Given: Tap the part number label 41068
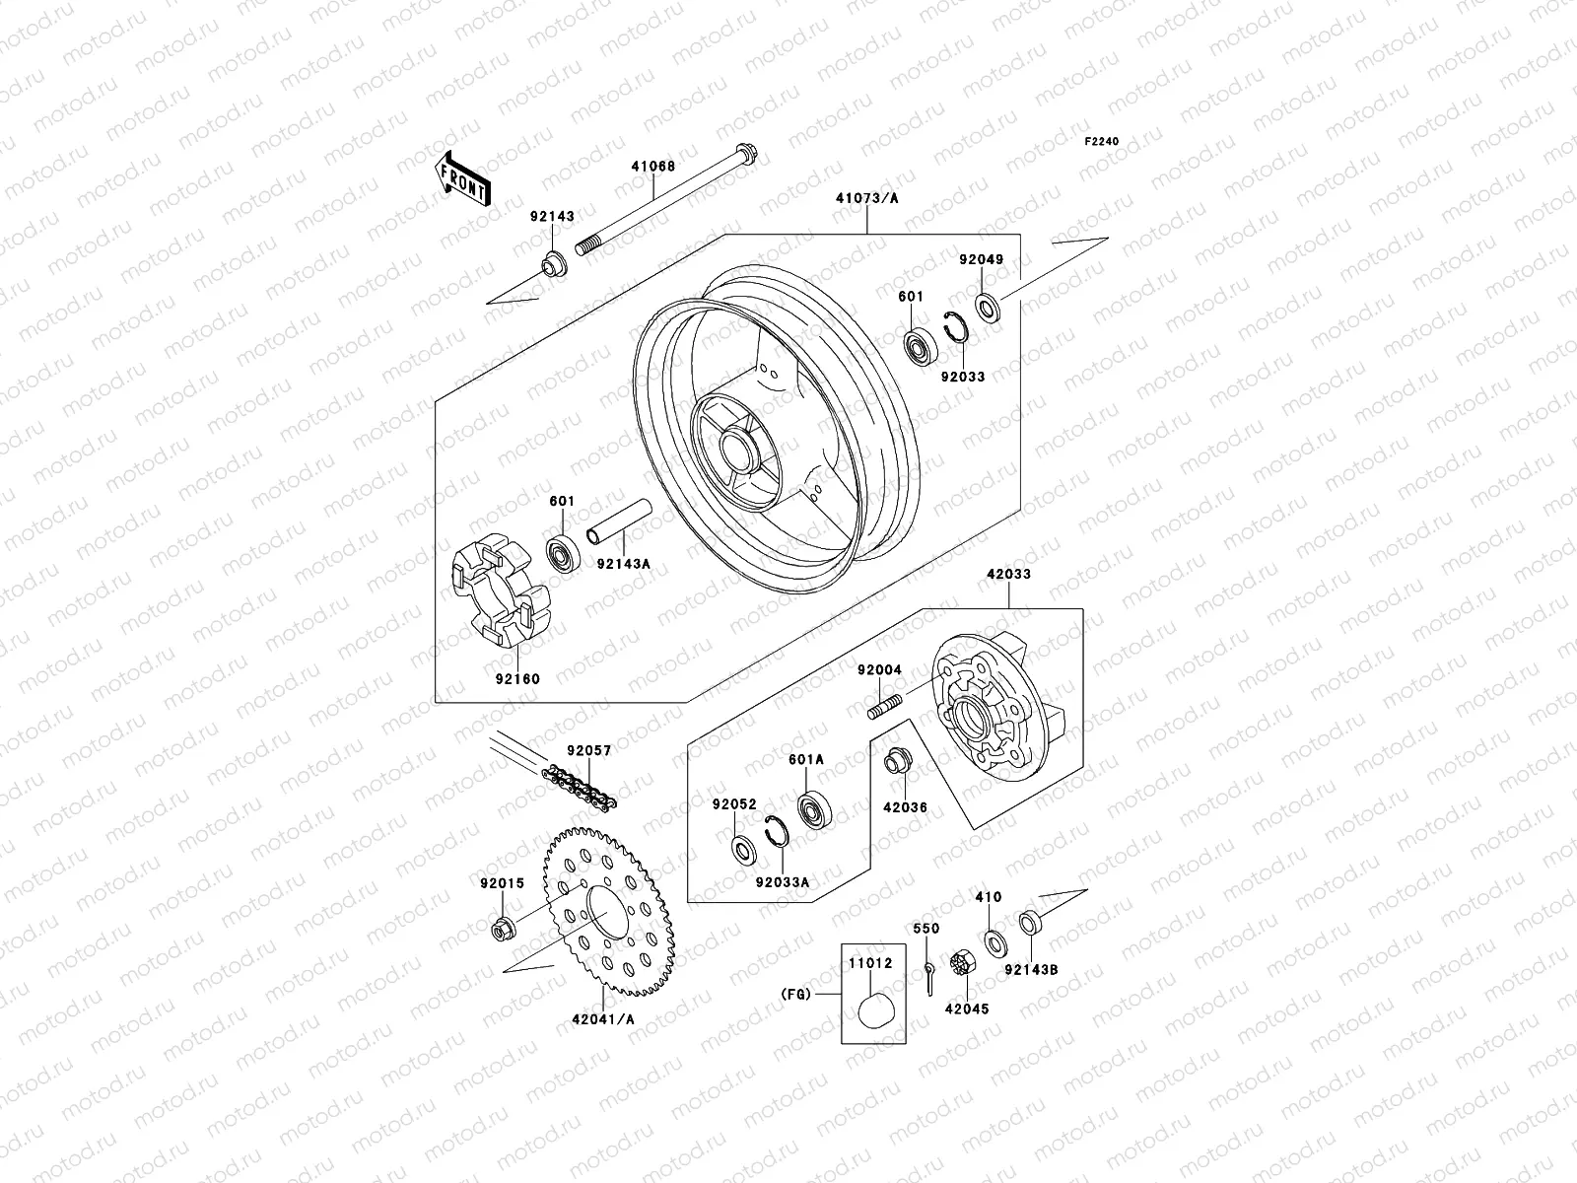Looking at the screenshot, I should [680, 167].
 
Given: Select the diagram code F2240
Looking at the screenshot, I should [1102, 142].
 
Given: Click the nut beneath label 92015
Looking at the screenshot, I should [500, 928].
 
